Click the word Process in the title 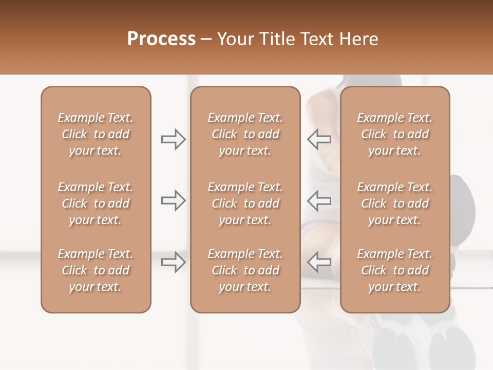pyautogui.click(x=161, y=39)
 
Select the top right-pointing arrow pyautogui.click(x=173, y=139)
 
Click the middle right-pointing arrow pyautogui.click(x=173, y=200)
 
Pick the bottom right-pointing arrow pyautogui.click(x=173, y=262)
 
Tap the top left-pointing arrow pyautogui.click(x=319, y=139)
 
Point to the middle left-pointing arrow pyautogui.click(x=319, y=200)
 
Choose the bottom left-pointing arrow pyautogui.click(x=319, y=262)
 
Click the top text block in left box pyautogui.click(x=96, y=134)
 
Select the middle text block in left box pyautogui.click(x=96, y=203)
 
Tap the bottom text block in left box pyautogui.click(x=96, y=270)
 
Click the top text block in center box pyautogui.click(x=245, y=134)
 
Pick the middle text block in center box pyautogui.click(x=245, y=203)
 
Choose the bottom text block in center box pyautogui.click(x=245, y=270)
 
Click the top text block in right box pyautogui.click(x=394, y=134)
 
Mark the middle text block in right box pyautogui.click(x=394, y=203)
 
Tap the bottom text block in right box pyautogui.click(x=394, y=270)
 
